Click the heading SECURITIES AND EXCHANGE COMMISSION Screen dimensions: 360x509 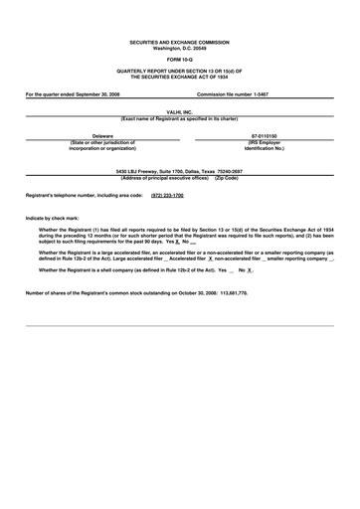[179, 42]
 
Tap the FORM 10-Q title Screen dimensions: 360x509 [179, 61]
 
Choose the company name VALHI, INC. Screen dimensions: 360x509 [179, 113]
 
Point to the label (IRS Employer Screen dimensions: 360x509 [264, 142]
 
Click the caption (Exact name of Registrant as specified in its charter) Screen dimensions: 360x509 [179, 119]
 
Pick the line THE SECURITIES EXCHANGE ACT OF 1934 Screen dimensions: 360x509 [179, 78]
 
